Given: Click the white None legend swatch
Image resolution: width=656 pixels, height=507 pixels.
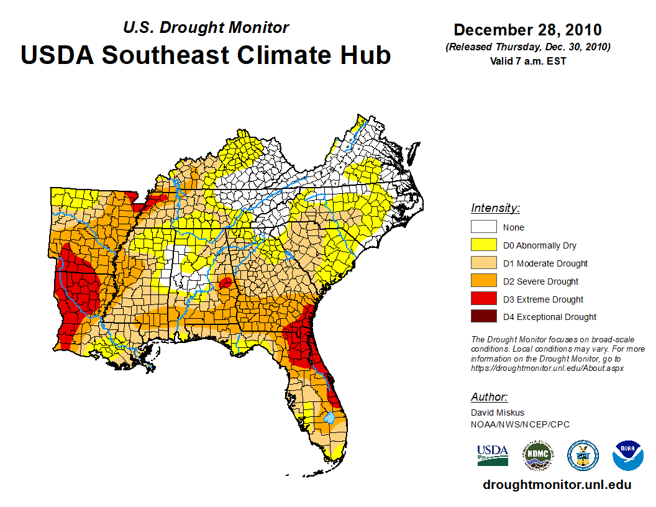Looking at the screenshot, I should [483, 227].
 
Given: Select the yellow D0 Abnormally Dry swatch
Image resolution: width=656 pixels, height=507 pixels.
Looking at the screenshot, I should [483, 245].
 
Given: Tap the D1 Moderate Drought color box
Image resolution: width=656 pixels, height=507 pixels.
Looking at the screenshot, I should [483, 263].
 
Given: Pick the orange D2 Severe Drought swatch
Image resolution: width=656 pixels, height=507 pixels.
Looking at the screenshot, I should [483, 281].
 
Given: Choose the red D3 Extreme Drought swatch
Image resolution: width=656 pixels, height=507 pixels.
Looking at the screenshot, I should [483, 299].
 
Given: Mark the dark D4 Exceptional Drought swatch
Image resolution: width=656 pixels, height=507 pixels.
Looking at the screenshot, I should [483, 317].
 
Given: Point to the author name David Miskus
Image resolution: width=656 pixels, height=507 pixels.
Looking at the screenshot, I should [498, 413].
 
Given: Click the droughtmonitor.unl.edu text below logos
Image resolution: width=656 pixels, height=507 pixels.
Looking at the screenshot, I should [557, 485].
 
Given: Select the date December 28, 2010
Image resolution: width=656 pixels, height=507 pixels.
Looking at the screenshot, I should [527, 30].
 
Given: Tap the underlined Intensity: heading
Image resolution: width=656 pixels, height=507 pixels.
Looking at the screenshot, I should [495, 208].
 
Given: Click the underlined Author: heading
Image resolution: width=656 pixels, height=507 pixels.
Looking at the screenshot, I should [489, 397].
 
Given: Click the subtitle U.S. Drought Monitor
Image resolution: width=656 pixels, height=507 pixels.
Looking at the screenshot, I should [206, 27].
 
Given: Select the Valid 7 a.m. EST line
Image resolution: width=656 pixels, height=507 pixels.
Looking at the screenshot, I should [527, 61].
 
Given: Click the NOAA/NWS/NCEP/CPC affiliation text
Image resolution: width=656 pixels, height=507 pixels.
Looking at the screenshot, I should [520, 424].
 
